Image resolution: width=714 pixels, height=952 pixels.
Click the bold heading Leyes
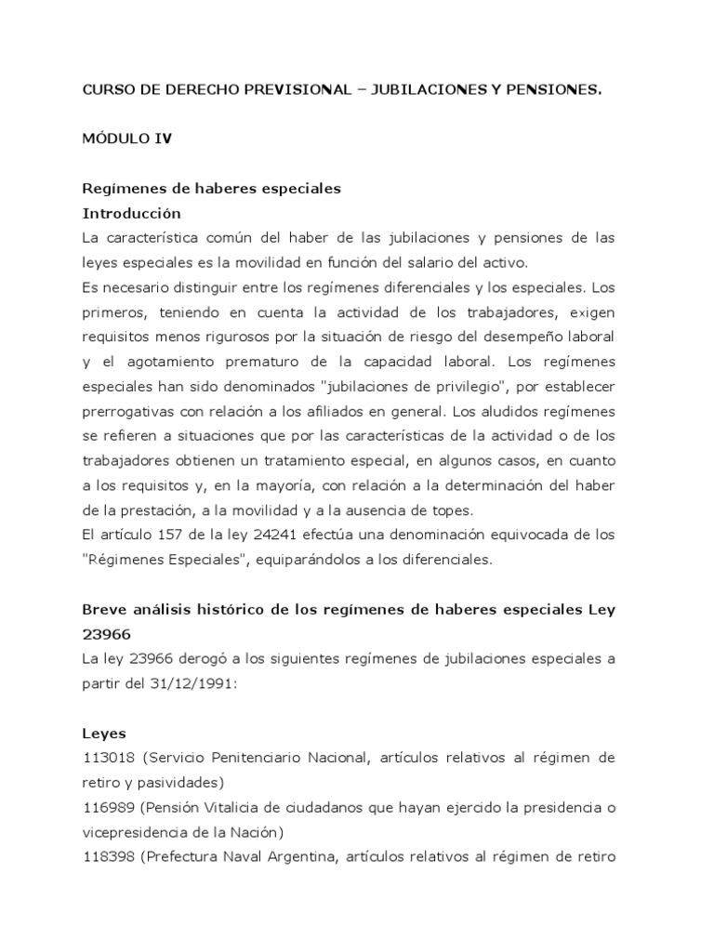[104, 733]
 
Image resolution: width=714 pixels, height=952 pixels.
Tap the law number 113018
[108, 758]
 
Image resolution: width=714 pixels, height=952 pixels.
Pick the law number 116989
[108, 806]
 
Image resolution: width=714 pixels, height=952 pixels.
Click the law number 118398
[108, 855]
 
